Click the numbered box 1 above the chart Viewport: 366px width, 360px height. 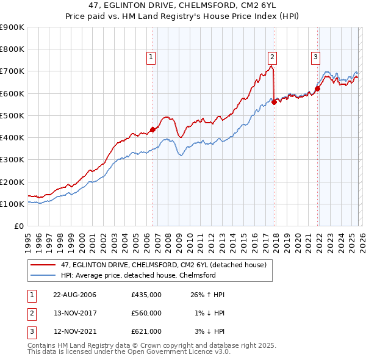[x=151, y=58]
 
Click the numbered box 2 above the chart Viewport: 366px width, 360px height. [x=272, y=58]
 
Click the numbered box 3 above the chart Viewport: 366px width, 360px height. [x=315, y=58]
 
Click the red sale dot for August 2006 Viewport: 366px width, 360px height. [x=152, y=129]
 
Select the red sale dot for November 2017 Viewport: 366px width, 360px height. [x=274, y=102]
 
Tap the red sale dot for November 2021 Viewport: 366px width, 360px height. [x=318, y=88]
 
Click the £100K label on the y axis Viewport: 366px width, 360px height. [x=12, y=204]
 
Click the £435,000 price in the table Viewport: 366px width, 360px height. [x=146, y=295]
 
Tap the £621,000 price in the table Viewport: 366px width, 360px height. [x=146, y=331]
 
